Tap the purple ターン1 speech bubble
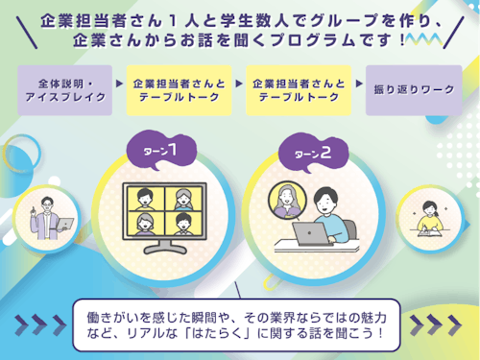pyautogui.click(x=158, y=152)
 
